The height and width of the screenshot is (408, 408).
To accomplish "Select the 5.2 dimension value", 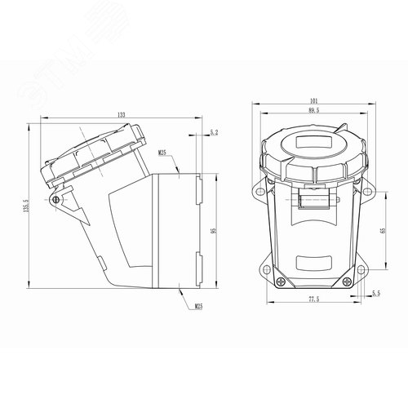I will [x=214, y=131].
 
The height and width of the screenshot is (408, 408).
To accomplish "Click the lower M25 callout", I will [x=199, y=307].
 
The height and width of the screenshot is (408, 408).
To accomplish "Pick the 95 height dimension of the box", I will [x=214, y=231].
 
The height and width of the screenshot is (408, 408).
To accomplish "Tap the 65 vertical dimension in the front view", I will [x=383, y=231].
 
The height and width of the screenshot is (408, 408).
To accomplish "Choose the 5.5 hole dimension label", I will [x=376, y=292].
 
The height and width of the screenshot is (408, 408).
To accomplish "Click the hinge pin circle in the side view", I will [x=55, y=199].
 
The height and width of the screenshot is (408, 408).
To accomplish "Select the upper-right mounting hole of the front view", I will [x=366, y=193].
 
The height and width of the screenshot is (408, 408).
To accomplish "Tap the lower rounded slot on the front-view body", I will [x=313, y=264].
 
